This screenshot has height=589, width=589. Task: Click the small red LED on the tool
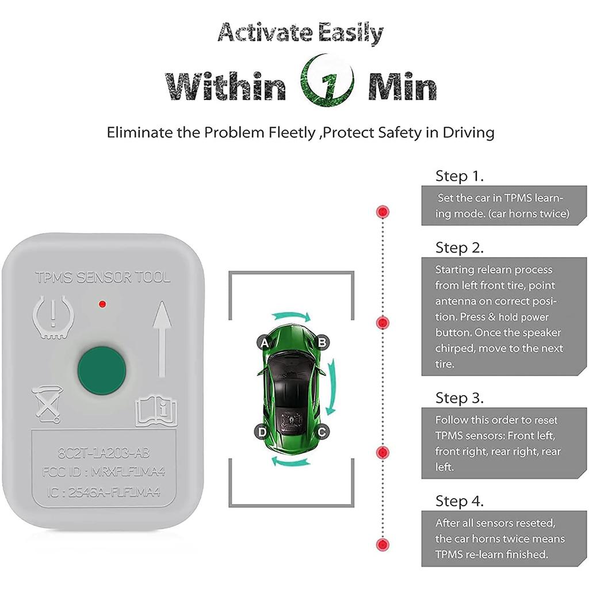(102, 303)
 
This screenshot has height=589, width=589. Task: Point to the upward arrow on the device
(162, 339)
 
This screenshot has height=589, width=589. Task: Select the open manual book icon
(156, 411)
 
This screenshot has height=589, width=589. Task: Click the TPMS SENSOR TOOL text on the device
(103, 278)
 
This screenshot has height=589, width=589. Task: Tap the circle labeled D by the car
(262, 431)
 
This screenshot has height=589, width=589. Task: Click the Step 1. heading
(460, 175)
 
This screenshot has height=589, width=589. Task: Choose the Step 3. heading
(460, 397)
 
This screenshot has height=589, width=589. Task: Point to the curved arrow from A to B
(292, 316)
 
